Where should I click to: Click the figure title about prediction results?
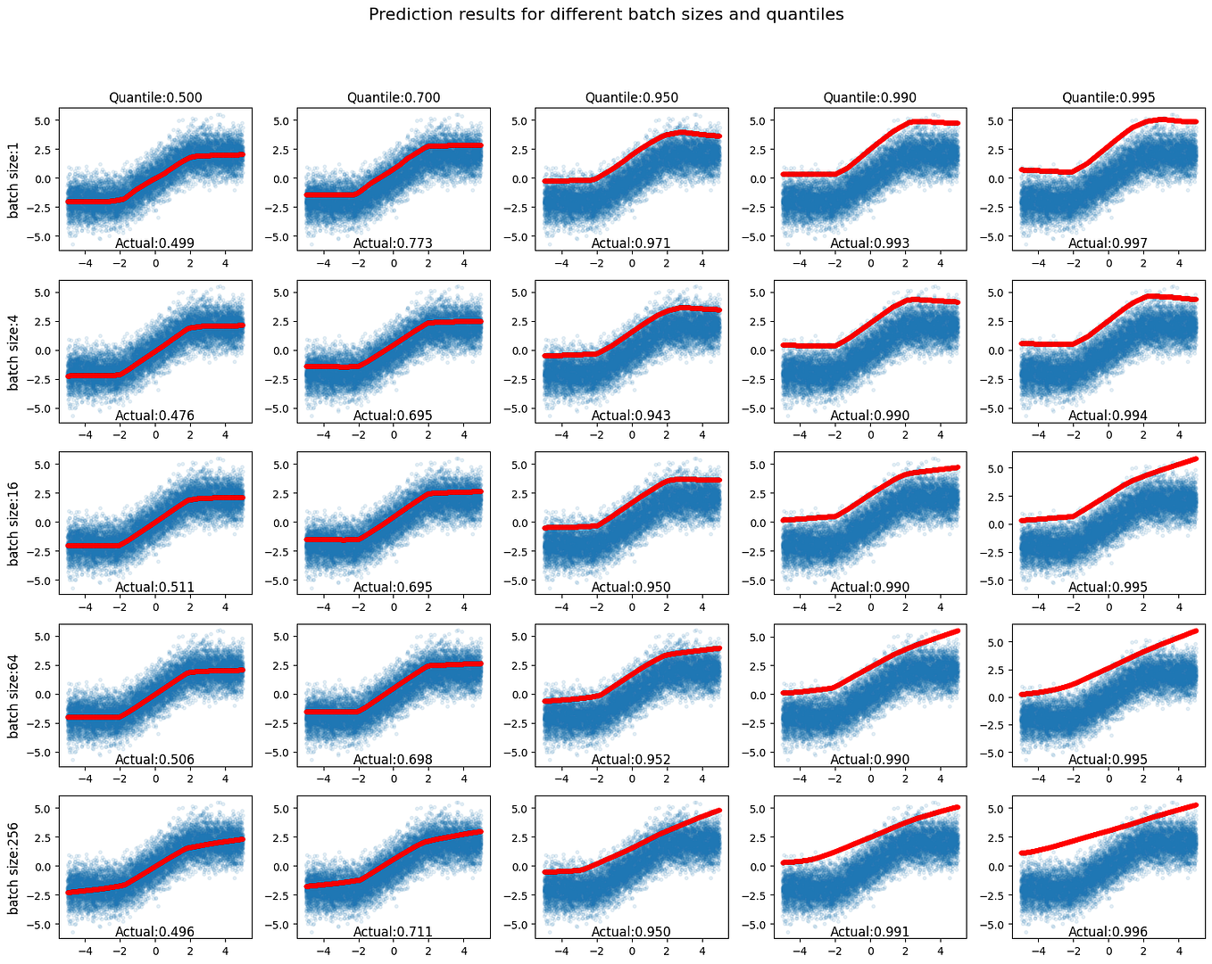point(606,14)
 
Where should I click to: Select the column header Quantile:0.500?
point(155,97)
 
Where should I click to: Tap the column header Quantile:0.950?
point(632,97)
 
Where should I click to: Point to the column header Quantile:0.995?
point(1108,97)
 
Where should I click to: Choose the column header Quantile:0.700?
point(394,97)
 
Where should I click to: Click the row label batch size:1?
point(13,178)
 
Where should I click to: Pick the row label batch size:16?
point(13,523)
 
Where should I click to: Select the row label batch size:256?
point(13,867)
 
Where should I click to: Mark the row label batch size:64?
point(13,695)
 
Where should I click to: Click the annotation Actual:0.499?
point(155,243)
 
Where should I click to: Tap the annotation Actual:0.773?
point(394,243)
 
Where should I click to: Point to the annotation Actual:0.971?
point(632,243)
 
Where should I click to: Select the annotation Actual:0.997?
point(1108,243)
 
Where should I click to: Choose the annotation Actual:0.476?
point(155,416)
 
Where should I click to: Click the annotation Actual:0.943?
point(632,416)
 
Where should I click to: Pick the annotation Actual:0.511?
point(155,588)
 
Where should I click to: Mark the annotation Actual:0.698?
point(394,760)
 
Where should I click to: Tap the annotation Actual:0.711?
point(394,932)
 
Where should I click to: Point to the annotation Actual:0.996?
point(1108,932)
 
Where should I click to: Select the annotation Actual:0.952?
point(632,760)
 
